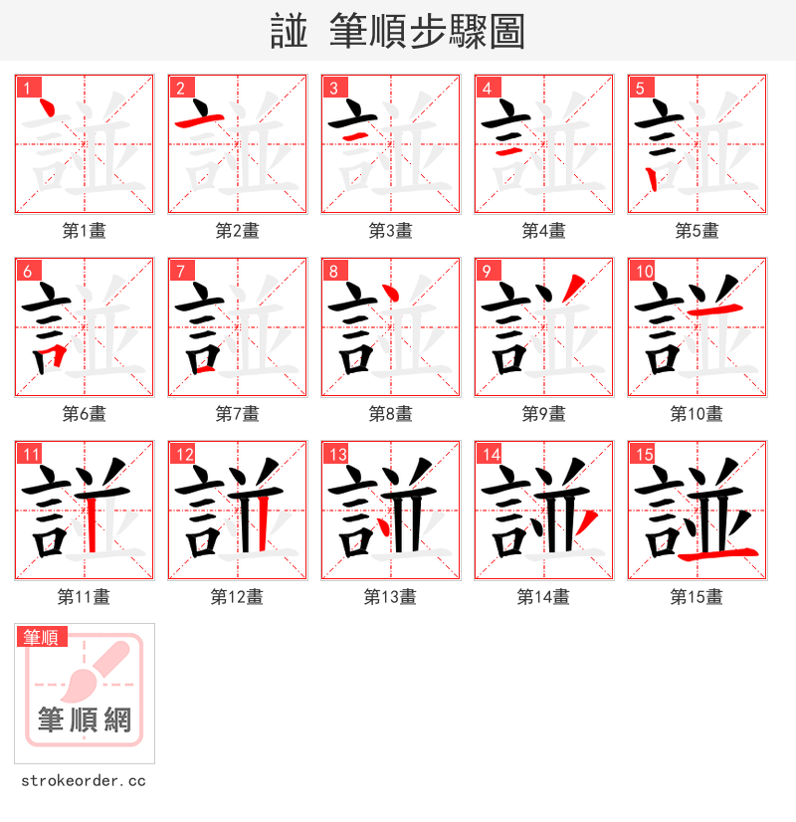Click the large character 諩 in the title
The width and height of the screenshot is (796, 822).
tap(289, 32)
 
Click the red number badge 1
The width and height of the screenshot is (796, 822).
tap(26, 88)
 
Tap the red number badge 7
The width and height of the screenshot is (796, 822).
tap(179, 271)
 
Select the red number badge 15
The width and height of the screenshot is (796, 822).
tap(642, 454)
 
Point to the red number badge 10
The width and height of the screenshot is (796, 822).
tap(642, 271)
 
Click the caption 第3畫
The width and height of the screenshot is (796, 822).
tap(390, 231)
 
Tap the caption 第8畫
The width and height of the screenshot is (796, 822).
tap(390, 414)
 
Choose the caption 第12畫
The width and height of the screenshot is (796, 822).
tap(237, 597)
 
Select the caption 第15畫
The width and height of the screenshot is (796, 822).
tap(696, 597)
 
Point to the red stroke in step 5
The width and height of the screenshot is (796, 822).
tap(650, 179)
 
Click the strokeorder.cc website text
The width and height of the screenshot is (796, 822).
tap(84, 781)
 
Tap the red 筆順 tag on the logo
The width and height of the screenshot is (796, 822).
tap(41, 637)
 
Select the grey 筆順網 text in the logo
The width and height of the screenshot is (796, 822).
tap(85, 719)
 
